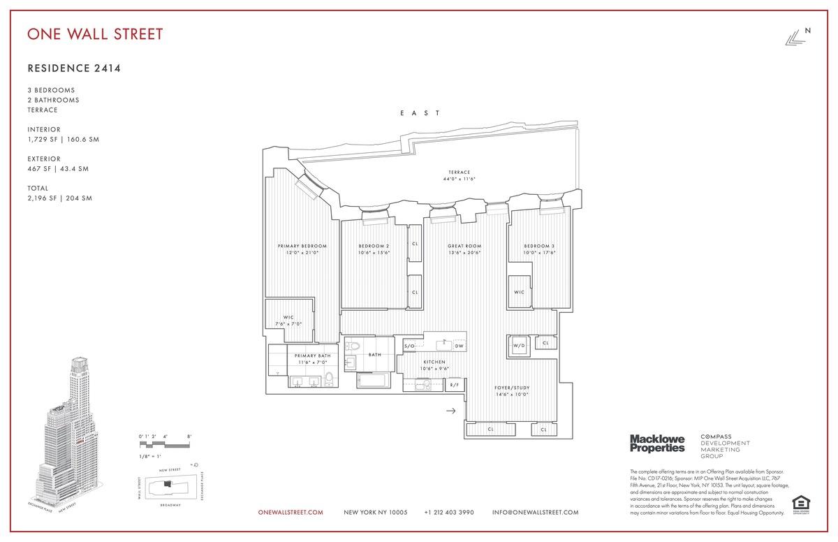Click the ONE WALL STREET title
95,34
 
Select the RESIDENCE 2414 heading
69,68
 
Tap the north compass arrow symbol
794,39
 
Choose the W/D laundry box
519,345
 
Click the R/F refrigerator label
454,385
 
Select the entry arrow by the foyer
450,411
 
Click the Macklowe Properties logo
657,443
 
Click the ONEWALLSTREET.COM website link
291,513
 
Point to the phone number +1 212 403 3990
449,513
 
